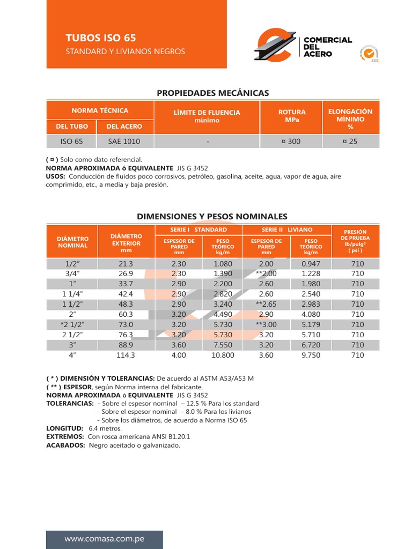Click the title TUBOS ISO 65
click(x=100, y=38)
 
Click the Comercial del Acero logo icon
click(x=274, y=46)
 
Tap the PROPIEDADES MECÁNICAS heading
click(x=213, y=93)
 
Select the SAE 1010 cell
click(x=124, y=142)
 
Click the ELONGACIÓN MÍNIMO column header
click(x=350, y=119)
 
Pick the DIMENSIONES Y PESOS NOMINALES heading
click(x=212, y=217)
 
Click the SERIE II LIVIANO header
click(x=287, y=229)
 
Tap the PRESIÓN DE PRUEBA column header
click(x=355, y=241)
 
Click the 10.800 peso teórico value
click(x=223, y=355)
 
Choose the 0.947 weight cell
click(x=311, y=264)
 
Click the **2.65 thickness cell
click(x=266, y=304)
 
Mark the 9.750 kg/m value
click(x=311, y=355)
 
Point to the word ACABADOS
click(x=65, y=446)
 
